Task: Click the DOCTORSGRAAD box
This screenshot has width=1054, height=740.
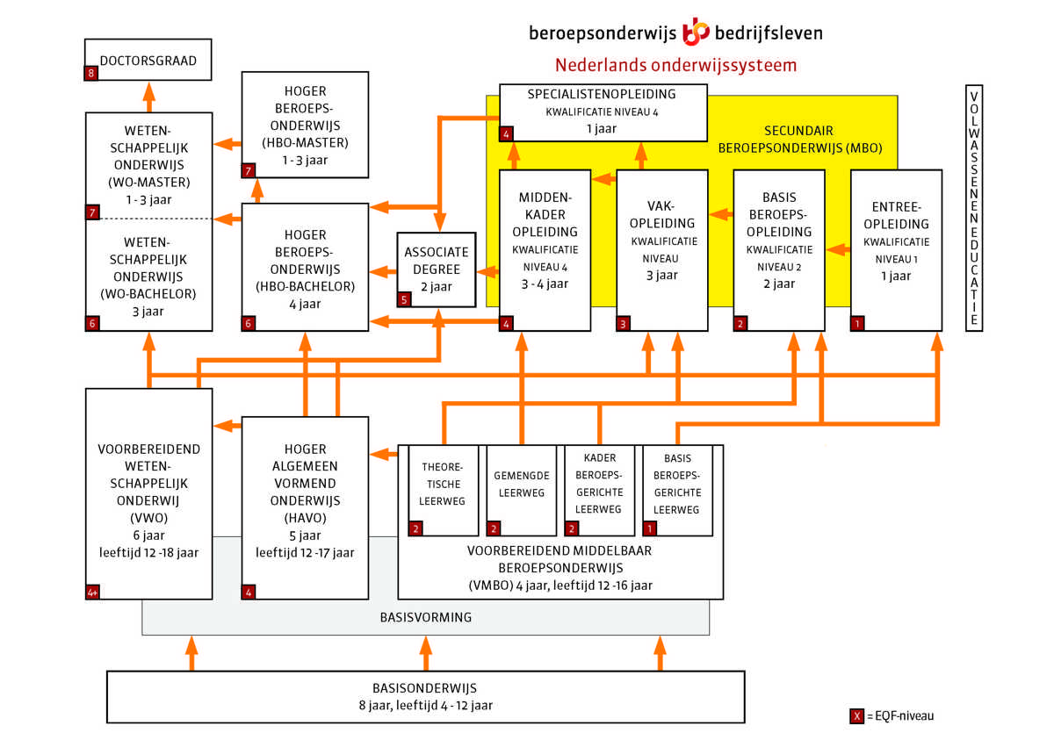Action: click(x=148, y=60)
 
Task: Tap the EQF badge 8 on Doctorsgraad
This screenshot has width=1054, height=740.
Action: click(x=91, y=74)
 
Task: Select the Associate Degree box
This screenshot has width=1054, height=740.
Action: click(x=437, y=269)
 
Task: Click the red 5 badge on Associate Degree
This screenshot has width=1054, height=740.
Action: click(x=404, y=299)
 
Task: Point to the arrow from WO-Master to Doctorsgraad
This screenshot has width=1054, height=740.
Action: click(x=149, y=97)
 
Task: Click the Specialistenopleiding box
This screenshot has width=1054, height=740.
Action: click(x=603, y=113)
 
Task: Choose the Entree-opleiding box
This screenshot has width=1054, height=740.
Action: click(x=897, y=250)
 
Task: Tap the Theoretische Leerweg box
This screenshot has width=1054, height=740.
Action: click(x=444, y=491)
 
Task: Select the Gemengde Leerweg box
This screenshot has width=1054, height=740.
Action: click(x=522, y=491)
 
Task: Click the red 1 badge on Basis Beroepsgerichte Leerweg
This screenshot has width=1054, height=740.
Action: click(x=650, y=529)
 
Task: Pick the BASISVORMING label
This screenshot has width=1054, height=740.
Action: click(x=426, y=617)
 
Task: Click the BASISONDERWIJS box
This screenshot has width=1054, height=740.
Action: click(x=426, y=697)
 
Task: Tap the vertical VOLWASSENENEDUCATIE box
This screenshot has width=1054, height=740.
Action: click(x=974, y=208)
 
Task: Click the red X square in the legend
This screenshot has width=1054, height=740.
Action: click(x=857, y=716)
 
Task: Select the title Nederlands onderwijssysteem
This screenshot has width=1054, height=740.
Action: click(x=675, y=65)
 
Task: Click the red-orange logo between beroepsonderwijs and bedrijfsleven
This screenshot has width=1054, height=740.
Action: click(x=696, y=32)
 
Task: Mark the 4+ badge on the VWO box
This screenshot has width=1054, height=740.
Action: click(x=93, y=593)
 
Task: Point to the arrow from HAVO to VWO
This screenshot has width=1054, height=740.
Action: click(x=227, y=426)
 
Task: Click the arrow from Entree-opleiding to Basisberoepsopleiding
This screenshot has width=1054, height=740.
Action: click(x=838, y=249)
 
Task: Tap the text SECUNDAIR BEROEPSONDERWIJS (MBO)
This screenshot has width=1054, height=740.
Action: click(x=800, y=140)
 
